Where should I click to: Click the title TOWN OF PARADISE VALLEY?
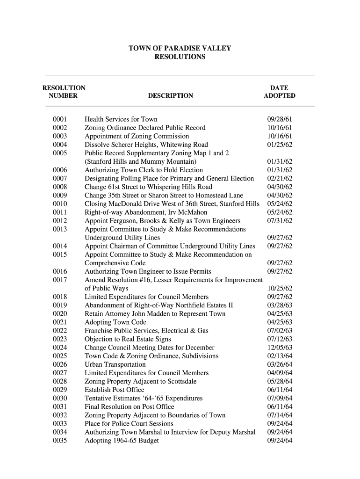click(x=180, y=49)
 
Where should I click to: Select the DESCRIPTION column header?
click(x=170, y=96)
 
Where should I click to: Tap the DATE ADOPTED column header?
click(x=279, y=92)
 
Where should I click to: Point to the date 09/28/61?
click(x=279, y=119)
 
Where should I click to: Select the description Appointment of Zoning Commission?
click(x=137, y=136)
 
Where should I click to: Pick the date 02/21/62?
click(x=279, y=178)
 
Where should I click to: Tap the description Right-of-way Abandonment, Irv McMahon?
click(x=146, y=212)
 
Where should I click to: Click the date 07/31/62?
click(x=279, y=221)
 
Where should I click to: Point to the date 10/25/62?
click(x=279, y=288)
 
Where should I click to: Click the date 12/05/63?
click(x=279, y=348)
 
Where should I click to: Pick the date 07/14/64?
click(x=279, y=415)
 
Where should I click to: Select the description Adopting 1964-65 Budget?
click(x=122, y=440)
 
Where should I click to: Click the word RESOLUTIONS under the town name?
click(x=180, y=57)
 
